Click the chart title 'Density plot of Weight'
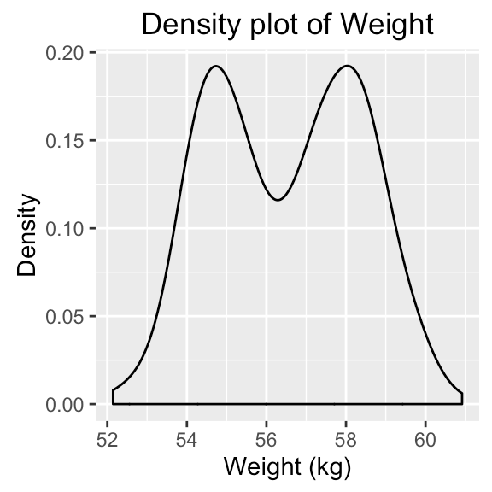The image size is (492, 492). point(287,24)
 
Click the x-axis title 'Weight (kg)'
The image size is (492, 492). point(287,467)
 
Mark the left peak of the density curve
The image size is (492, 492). point(215,66)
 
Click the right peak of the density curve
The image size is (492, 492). point(347,66)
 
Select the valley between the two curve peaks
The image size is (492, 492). point(278,200)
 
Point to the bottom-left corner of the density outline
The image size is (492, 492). point(113,403)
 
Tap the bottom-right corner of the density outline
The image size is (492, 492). point(462,403)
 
